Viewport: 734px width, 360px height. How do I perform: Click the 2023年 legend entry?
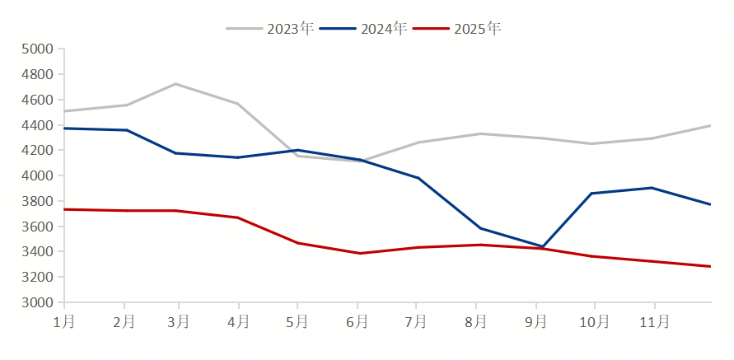[x=270, y=29]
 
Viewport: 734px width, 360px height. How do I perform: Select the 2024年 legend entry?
[x=363, y=29]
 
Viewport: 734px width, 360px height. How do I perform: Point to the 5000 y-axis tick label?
[x=37, y=49]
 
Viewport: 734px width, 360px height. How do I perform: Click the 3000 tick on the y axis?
[x=37, y=302]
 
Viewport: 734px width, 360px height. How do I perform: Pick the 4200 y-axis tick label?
[x=37, y=150]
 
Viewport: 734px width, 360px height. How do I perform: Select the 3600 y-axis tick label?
[x=37, y=227]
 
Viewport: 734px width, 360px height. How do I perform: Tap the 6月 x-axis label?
[x=358, y=322]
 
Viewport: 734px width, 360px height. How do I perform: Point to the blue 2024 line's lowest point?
[x=541, y=246]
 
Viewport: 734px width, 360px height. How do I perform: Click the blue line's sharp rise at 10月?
[x=592, y=193]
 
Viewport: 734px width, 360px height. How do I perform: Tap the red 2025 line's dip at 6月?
[x=359, y=253]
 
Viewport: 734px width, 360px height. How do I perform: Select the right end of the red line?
[x=711, y=266]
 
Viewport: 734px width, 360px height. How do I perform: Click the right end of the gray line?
[x=711, y=125]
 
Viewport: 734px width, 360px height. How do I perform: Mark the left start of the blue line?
[x=65, y=128]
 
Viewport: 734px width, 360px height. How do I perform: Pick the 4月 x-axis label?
[x=239, y=322]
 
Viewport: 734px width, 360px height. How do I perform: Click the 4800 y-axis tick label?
[x=37, y=74]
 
